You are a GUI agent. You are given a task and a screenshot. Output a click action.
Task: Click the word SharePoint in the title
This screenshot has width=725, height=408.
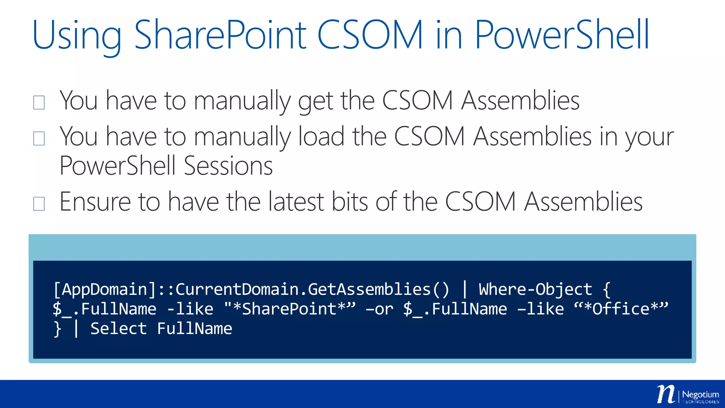coord(220,35)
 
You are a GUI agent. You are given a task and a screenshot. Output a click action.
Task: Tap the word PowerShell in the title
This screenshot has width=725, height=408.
coord(562,35)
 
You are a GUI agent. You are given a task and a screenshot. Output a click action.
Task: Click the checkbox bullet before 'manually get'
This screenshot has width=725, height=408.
coord(39,103)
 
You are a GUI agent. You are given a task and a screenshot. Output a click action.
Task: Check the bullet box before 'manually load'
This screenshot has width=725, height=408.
coord(39,138)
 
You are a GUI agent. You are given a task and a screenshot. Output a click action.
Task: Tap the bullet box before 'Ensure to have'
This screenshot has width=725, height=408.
coord(39,204)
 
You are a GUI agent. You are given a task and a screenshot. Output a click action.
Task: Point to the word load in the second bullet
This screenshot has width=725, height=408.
coord(321,137)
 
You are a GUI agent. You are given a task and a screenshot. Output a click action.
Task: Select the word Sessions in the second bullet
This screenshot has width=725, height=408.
coord(228,166)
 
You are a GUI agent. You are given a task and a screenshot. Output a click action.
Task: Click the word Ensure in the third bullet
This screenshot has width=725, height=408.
coord(95,202)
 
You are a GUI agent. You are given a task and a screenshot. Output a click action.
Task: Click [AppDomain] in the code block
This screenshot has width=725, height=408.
coord(105,289)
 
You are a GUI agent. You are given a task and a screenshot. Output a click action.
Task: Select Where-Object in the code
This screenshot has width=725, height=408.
coord(535,289)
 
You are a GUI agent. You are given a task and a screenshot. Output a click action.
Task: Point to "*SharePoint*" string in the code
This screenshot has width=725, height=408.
coord(290,309)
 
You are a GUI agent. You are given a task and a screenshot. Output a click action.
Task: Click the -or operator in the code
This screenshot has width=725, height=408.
coord(379,309)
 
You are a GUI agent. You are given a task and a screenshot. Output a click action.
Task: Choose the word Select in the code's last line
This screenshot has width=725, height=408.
coord(118,329)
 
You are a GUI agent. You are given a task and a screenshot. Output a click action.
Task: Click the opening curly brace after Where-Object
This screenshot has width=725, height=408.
coord(606,290)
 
